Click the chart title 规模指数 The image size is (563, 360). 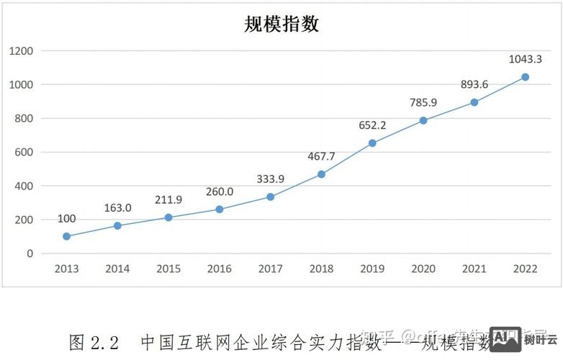(281, 24)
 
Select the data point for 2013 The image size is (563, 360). (67, 236)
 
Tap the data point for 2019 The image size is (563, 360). (372, 143)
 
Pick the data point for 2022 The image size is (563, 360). (526, 77)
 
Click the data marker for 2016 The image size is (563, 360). (220, 210)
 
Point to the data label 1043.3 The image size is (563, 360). (526, 59)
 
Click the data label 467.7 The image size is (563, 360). (321, 156)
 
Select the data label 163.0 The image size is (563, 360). (117, 207)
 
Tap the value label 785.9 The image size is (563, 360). (423, 102)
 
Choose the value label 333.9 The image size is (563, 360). (271, 179)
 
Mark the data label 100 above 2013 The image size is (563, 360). (66, 218)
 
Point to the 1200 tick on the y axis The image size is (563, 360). (22, 51)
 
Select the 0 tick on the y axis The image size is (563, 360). (30, 253)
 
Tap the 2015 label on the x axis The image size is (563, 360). (168, 269)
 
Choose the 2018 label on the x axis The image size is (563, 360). (321, 269)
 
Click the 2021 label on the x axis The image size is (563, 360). (474, 269)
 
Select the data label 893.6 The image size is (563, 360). (474, 84)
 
